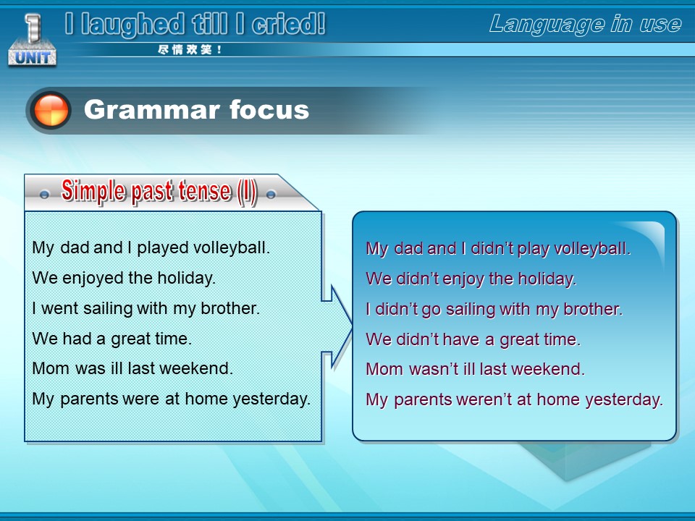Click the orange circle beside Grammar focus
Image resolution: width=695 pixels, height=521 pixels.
[x=51, y=110]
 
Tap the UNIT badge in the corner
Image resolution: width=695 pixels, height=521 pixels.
[x=32, y=41]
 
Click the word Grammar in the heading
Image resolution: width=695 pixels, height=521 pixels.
[x=151, y=110]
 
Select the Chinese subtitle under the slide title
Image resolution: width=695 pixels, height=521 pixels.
[x=190, y=50]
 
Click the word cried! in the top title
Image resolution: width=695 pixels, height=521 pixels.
[x=289, y=24]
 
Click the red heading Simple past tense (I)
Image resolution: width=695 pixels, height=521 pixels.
[x=159, y=192]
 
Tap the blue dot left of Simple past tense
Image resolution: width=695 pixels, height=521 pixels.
[x=44, y=195]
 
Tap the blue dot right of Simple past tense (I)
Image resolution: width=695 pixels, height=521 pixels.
[x=271, y=194]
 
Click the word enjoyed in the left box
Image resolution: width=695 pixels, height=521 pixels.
[x=93, y=279]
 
